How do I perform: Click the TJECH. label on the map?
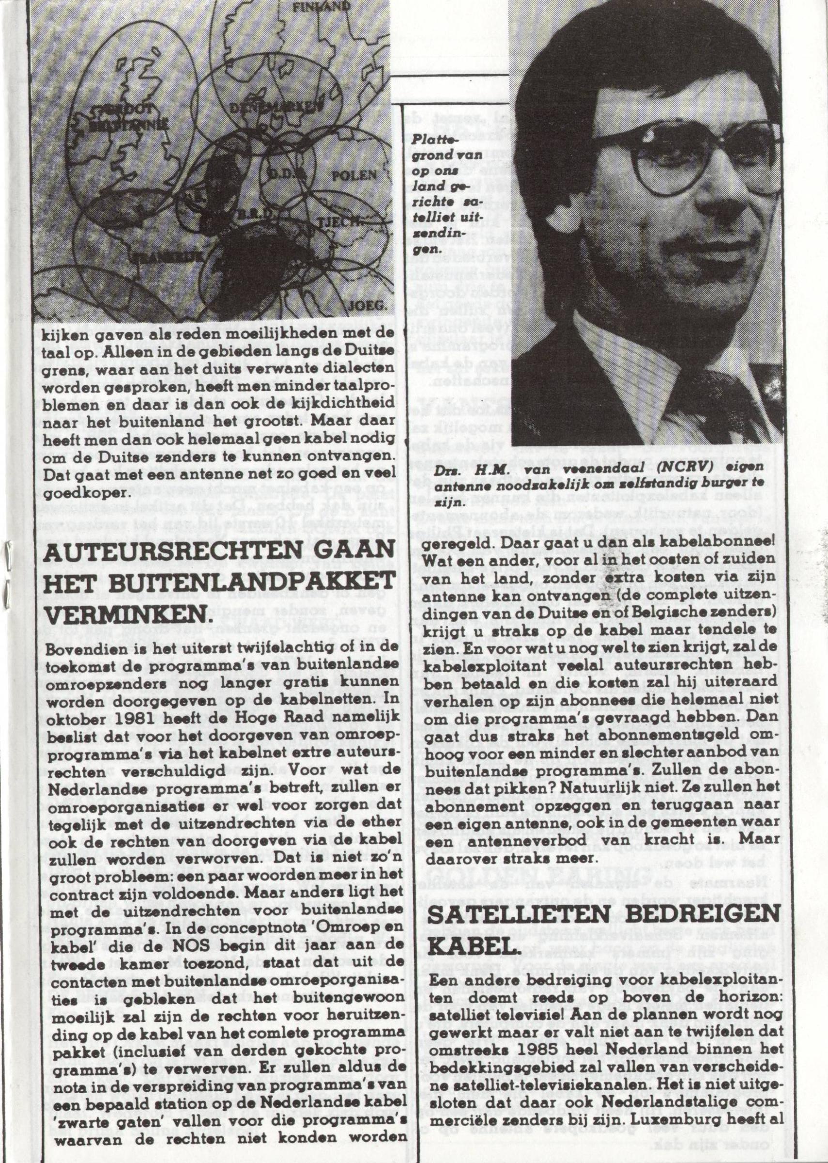pos(335,221)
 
